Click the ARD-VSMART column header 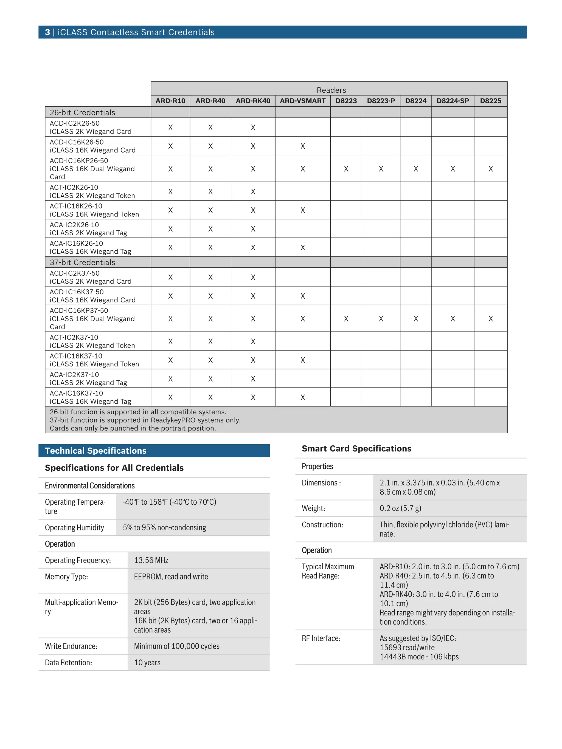click(x=302, y=101)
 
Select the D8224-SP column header click(x=452, y=101)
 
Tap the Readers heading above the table click(x=331, y=90)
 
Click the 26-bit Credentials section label click(x=82, y=112)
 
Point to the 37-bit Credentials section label click(x=82, y=262)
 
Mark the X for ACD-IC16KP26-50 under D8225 click(x=490, y=169)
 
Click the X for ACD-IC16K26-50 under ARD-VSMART click(x=302, y=146)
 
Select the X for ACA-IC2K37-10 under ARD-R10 click(x=170, y=378)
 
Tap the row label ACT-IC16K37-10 click(x=76, y=356)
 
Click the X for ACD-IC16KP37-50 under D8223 click(x=346, y=319)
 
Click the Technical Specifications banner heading click(x=95, y=451)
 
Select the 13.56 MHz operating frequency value click(x=151, y=560)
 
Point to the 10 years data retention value click(x=147, y=662)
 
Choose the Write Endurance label click(x=71, y=646)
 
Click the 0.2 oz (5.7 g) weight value click(x=400, y=508)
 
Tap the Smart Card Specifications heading click(x=356, y=448)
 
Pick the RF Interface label click(x=321, y=638)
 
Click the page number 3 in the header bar click(x=47, y=32)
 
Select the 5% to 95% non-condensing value click(x=164, y=528)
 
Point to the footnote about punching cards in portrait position click(x=133, y=428)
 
